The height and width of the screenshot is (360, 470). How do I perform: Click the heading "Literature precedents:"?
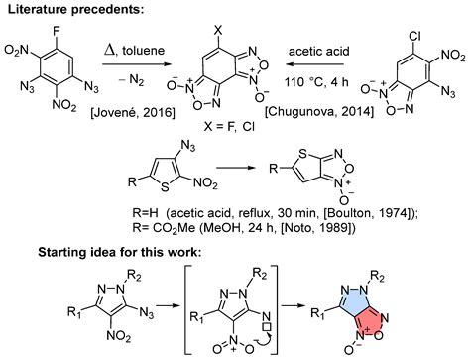[75, 9]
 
